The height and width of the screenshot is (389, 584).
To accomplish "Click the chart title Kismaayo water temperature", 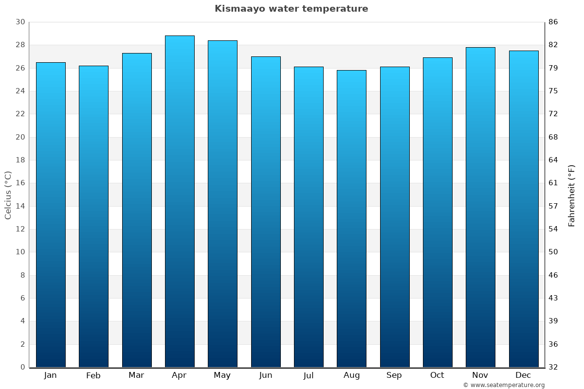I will pos(291,9).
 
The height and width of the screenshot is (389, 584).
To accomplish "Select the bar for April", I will pos(180,201).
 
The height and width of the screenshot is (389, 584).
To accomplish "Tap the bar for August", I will pos(351,218).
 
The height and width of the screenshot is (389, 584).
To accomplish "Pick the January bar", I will pos(51,214).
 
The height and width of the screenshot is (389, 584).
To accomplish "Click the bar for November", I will pos(480,207).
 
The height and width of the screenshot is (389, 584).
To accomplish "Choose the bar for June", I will pos(266,212).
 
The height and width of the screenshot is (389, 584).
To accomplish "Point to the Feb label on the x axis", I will pos(93,375).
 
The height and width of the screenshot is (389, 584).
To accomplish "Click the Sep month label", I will pos(394,375).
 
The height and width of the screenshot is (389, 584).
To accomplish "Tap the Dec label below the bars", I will pos(523,375).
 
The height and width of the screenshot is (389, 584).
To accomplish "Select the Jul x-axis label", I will pos(309,375).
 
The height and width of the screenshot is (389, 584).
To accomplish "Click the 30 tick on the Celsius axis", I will pos(20,22).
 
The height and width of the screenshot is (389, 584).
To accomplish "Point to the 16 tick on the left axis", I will pos(20,183).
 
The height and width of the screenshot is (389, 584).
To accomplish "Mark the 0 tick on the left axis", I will pos(22,367).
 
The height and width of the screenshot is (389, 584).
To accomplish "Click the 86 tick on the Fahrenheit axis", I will pos(553,22).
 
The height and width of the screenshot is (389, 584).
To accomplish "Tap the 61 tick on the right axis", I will pos(553,183).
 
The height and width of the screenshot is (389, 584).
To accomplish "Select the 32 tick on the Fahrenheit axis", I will pos(553,367).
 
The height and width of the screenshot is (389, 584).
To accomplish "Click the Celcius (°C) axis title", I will pos(8,195).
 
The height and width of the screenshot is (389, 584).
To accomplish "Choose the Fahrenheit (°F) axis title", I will pos(571,195).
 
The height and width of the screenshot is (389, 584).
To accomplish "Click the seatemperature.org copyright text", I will pos(504,385).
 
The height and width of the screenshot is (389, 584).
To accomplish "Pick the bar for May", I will pos(222,204).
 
